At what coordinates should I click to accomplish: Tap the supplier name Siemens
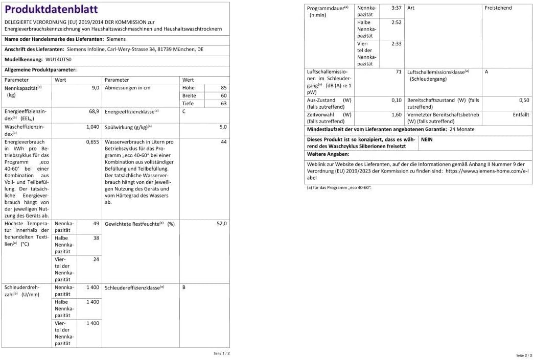point(116,39)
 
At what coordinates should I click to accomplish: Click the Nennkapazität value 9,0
point(95,88)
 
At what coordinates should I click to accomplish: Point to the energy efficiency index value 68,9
point(94,111)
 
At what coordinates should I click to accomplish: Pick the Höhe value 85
point(223,88)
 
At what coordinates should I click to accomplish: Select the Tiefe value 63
point(223,103)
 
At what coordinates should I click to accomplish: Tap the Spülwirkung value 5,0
point(223,127)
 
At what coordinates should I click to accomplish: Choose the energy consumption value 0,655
point(92,142)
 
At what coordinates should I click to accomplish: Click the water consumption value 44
point(223,142)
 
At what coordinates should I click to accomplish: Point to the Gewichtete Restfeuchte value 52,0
point(221,224)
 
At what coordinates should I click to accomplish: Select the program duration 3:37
point(396,8)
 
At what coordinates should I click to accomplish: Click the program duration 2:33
point(396,44)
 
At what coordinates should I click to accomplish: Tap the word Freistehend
point(498,8)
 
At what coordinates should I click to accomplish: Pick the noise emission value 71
point(399,72)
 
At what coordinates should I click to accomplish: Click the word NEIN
point(427,139)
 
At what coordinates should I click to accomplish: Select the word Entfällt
point(521,115)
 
